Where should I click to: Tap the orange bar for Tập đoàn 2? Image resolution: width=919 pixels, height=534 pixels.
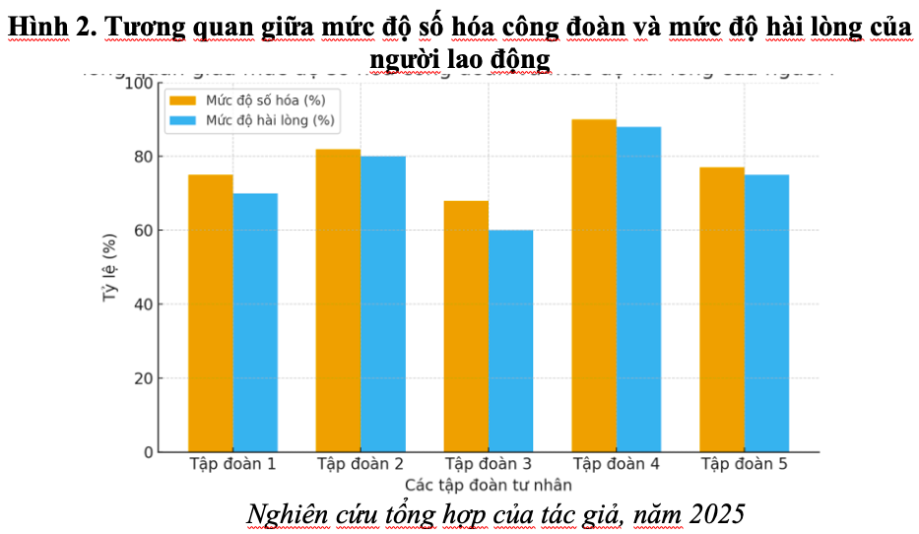point(338,300)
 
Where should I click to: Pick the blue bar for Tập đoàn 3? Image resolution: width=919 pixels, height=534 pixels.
point(510,341)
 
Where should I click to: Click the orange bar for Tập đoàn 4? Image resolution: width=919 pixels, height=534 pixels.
point(594,286)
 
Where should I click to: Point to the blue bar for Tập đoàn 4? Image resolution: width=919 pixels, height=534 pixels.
point(638,290)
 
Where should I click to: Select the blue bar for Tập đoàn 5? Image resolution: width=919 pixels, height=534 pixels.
point(766,313)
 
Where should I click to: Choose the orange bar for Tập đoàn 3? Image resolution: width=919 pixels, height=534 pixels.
point(466,326)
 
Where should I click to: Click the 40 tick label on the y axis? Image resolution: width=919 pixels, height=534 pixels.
point(144,304)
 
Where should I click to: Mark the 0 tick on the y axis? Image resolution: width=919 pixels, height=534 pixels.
point(149,452)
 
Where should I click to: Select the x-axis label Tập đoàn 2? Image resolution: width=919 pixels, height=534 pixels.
point(361,464)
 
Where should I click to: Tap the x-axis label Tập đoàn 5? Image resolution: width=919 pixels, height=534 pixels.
point(745,464)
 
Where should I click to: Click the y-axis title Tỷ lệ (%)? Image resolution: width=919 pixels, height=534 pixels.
point(110,267)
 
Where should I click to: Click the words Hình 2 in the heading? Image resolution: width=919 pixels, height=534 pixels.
point(50,28)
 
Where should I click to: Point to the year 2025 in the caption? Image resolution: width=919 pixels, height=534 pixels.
point(716,514)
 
